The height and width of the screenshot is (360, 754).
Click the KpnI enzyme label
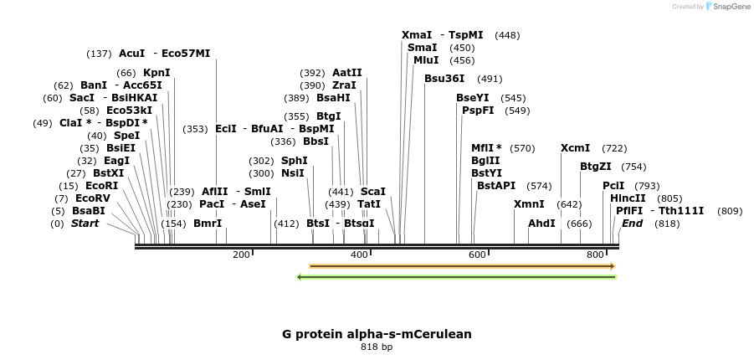pyautogui.click(x=156, y=73)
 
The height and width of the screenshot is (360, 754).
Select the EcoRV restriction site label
pyautogui.click(x=92, y=198)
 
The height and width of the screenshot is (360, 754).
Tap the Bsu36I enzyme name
pyautogui.click(x=444, y=79)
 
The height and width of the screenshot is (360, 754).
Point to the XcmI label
pyautogui.click(x=575, y=148)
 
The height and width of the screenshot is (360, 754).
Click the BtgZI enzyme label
pyautogui.click(x=596, y=167)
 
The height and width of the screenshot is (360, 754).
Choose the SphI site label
pyautogui.click(x=294, y=161)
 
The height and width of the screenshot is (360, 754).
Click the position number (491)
pyautogui.click(x=490, y=79)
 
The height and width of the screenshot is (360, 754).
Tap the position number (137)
pyautogui.click(x=99, y=54)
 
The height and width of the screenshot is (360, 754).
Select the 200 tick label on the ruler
pyautogui.click(x=241, y=255)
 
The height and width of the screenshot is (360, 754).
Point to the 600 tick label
pyautogui.click(x=477, y=255)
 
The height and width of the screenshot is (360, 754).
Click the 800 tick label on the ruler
pyautogui.click(x=595, y=255)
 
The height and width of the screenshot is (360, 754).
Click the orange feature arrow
pyautogui.click(x=462, y=266)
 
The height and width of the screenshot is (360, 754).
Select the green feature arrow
pyautogui.click(x=457, y=276)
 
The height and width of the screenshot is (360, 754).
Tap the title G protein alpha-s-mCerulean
pyautogui.click(x=377, y=334)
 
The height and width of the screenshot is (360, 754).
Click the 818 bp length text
pyautogui.click(x=377, y=347)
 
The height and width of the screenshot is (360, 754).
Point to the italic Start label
pyautogui.click(x=85, y=224)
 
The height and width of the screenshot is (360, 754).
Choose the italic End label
pyautogui.click(x=632, y=224)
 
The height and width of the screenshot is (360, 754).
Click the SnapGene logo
pyautogui.click(x=726, y=7)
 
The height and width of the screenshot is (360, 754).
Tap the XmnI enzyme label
pyautogui.click(x=529, y=204)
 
